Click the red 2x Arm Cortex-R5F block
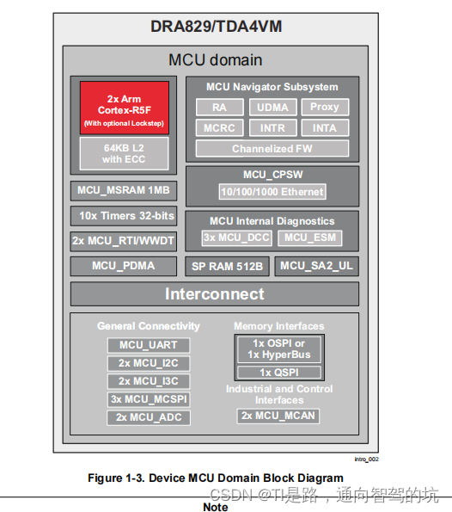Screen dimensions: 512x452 125,108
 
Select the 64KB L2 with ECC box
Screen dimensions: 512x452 125,153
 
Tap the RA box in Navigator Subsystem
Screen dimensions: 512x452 219,108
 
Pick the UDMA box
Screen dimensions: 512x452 272,108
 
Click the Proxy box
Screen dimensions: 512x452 324,108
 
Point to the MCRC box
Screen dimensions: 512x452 219,128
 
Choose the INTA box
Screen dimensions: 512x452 324,128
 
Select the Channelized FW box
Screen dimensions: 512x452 272,149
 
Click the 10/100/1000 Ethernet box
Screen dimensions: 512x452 272,191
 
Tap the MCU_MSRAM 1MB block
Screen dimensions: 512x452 124,190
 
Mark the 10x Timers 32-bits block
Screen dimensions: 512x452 124,216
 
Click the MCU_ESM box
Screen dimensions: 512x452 310,237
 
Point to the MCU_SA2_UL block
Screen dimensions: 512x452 316,266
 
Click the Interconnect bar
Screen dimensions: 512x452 215,294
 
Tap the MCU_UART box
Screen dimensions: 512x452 149,345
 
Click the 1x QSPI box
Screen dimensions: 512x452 278,373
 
